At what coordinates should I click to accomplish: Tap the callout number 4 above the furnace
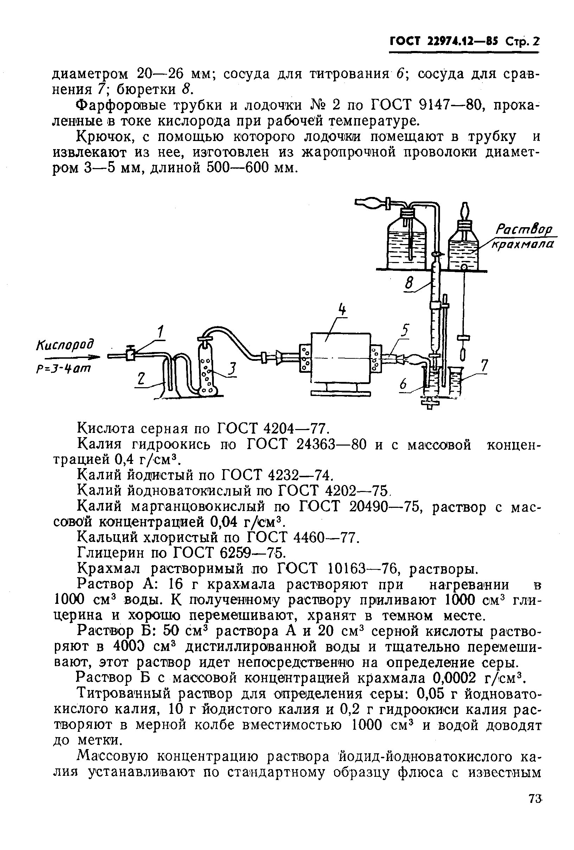tap(342, 310)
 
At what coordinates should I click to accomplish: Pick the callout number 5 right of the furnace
tap(404, 331)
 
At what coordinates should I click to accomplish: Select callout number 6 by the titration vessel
tap(403, 384)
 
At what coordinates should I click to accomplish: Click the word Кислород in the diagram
tap(65, 345)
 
